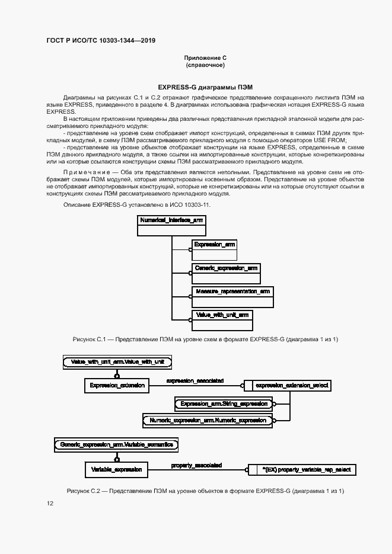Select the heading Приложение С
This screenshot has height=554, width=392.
coord(205,57)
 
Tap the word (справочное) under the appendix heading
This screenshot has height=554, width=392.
coord(205,65)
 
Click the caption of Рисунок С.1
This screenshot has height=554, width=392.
coord(205,339)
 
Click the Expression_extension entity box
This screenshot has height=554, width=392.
coord(117,386)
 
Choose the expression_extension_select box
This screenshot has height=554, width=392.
coord(288,386)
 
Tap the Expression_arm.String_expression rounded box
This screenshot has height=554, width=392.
coord(224,404)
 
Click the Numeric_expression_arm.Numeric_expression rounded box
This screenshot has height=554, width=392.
coord(208,420)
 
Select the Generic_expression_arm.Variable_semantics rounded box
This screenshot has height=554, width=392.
coord(116,444)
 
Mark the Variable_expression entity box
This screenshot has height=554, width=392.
coord(116,469)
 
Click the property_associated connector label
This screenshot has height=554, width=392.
coord(196,465)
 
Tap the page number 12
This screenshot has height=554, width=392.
coord(50,504)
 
